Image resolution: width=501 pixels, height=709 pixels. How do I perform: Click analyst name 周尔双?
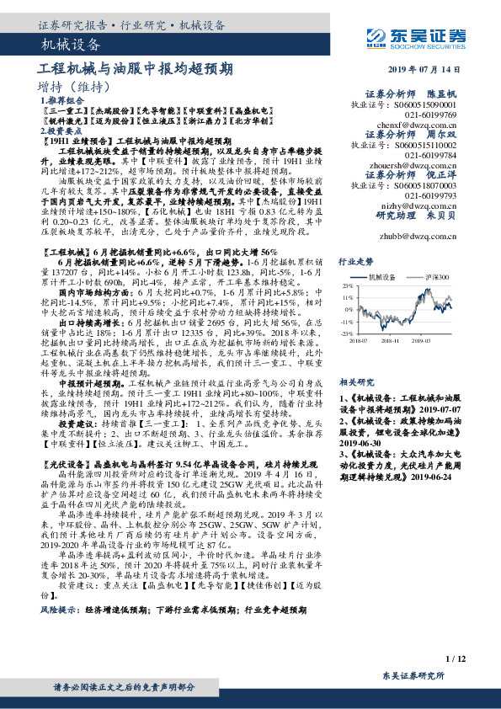pyautogui.click(x=442, y=133)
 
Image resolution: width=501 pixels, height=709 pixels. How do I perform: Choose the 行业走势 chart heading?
pyautogui.click(x=350, y=262)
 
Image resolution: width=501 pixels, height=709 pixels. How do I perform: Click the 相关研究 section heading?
pyautogui.click(x=350, y=359)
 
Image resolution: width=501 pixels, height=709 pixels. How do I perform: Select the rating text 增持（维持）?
pyautogui.click(x=74, y=88)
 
